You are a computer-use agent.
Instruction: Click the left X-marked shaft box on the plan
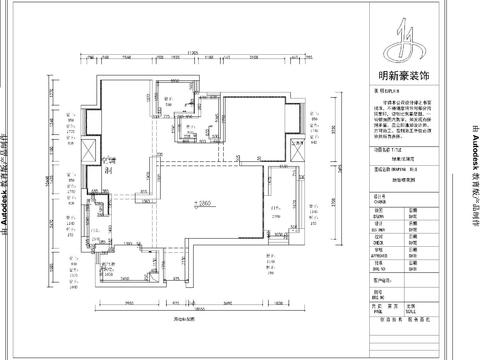point(87,151)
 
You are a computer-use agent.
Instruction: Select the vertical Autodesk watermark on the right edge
point(472,180)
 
